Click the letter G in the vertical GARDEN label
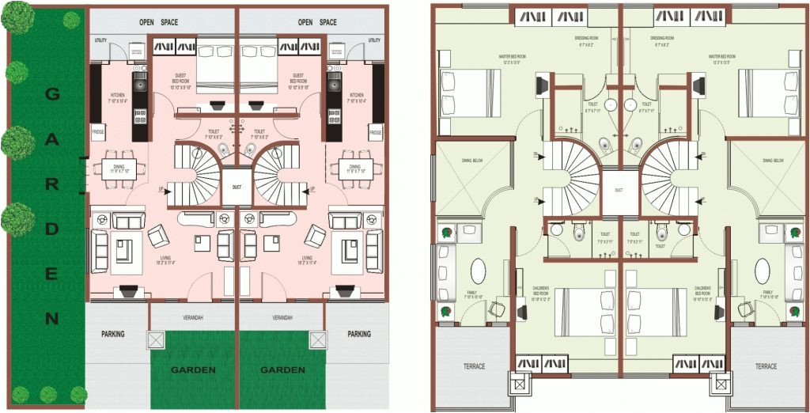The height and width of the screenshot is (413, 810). click(x=51, y=94)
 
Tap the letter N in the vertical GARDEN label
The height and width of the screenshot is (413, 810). click(x=51, y=320)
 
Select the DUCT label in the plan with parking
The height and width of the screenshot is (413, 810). click(x=237, y=188)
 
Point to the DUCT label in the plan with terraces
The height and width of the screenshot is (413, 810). click(x=619, y=191)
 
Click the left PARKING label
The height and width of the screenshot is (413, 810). click(x=113, y=334)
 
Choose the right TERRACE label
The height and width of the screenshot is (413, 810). click(x=766, y=366)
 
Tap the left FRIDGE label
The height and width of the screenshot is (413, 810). click(x=98, y=132)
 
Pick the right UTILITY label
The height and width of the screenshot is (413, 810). click(x=374, y=40)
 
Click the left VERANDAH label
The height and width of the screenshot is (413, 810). click(x=193, y=317)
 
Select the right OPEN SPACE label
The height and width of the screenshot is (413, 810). click(x=317, y=22)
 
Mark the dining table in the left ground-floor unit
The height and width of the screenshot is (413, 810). click(x=119, y=167)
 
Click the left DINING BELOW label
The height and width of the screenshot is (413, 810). click(x=473, y=161)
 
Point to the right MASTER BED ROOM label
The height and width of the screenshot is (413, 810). click(x=722, y=57)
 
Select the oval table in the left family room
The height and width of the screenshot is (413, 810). click(x=479, y=271)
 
